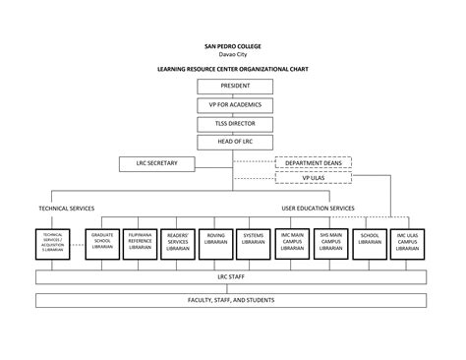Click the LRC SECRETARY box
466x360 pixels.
tap(149, 162)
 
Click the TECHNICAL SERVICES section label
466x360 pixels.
tap(68, 209)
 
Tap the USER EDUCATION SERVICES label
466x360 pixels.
tap(318, 209)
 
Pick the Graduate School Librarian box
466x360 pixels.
tap(102, 243)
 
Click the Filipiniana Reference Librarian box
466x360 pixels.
tap(140, 243)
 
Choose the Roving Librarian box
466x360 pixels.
tap(215, 243)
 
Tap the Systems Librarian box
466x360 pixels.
tap(254, 243)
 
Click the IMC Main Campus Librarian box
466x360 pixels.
tap(291, 243)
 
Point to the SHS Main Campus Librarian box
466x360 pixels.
tap(329, 243)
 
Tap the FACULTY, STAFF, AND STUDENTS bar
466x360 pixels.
tap(232, 299)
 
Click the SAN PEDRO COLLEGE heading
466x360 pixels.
tap(232, 46)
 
